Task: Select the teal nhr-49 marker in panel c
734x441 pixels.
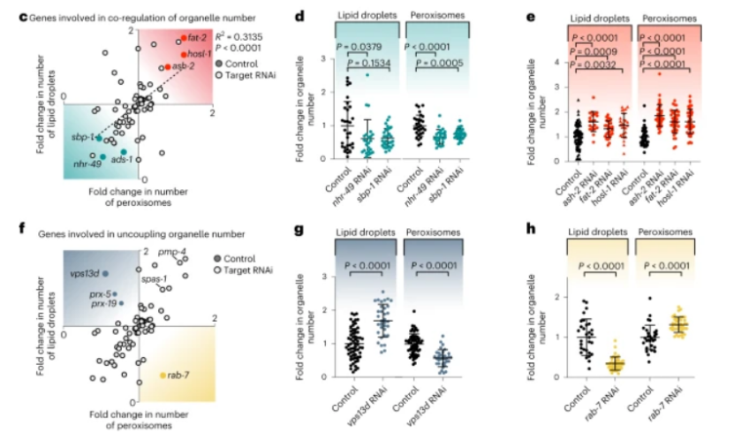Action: click(104, 156)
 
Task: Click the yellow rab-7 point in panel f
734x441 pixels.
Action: click(162, 375)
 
